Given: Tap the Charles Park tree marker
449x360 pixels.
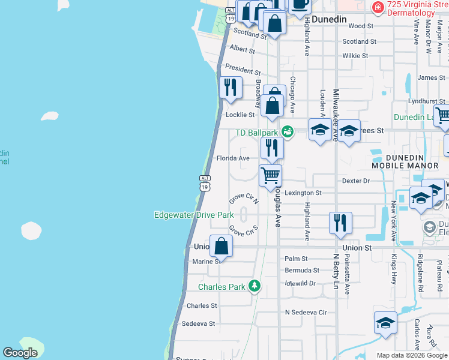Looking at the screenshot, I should (255, 286).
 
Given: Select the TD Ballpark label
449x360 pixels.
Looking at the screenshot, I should (257, 132).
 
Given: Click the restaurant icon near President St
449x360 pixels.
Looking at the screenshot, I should (231, 87).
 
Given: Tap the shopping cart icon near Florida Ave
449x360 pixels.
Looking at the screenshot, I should (271, 175).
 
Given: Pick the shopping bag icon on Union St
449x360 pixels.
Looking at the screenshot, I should (221, 245).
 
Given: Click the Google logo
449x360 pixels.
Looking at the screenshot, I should (20, 353).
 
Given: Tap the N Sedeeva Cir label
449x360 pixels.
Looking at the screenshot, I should (306, 313).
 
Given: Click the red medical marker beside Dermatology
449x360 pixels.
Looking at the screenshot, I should (378, 8).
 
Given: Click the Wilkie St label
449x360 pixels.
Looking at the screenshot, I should (355, 56).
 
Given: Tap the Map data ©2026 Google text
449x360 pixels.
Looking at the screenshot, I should (411, 355).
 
